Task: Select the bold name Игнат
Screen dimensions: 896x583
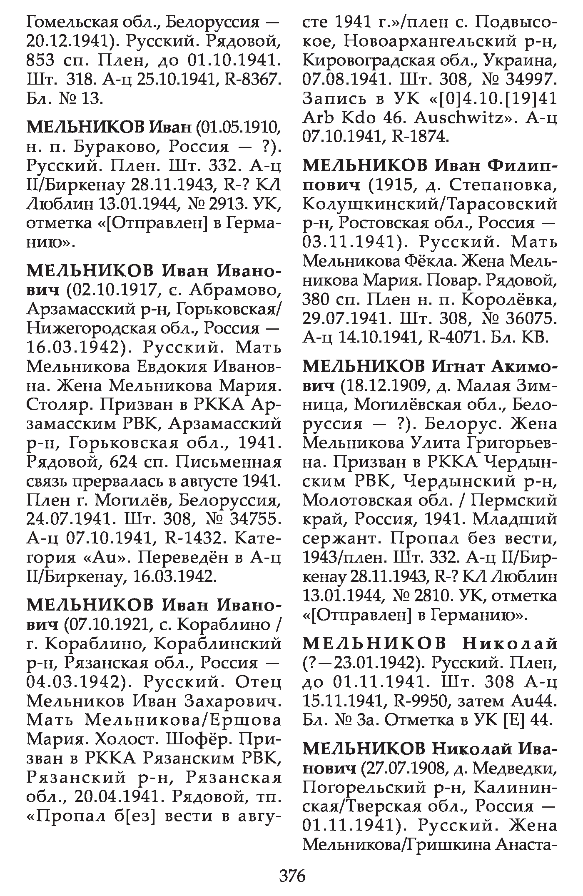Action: pyautogui.click(x=458, y=367)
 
